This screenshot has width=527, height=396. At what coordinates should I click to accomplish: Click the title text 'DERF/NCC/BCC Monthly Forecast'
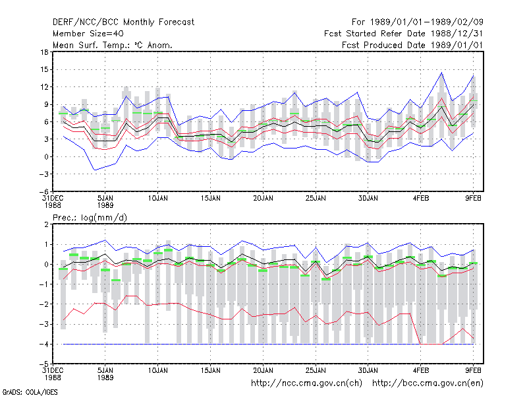pyautogui.click(x=123, y=22)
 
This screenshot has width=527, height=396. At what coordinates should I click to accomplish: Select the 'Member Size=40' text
pyautogui.click(x=88, y=34)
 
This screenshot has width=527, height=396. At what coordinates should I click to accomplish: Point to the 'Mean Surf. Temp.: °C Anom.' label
pyautogui.click(x=113, y=45)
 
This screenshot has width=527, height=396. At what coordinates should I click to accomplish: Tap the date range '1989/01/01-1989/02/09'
pyautogui.click(x=426, y=22)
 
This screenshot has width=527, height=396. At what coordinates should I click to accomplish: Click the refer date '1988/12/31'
pyautogui.click(x=457, y=34)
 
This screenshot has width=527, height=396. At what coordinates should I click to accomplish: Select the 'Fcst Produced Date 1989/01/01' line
pyautogui.click(x=412, y=45)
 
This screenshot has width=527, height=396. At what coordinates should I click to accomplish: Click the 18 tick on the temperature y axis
pyautogui.click(x=44, y=52)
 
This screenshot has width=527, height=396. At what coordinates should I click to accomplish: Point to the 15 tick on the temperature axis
pyautogui.click(x=44, y=70)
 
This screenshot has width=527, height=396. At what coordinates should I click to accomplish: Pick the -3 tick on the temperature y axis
pyautogui.click(x=43, y=174)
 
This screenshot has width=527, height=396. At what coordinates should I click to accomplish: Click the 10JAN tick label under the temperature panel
pyautogui.click(x=158, y=199)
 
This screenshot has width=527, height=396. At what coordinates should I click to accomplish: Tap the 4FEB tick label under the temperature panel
pyautogui.click(x=421, y=199)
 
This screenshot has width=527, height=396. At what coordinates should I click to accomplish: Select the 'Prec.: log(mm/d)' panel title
pyautogui.click(x=90, y=218)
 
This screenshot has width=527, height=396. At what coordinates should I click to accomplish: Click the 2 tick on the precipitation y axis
pyautogui.click(x=46, y=224)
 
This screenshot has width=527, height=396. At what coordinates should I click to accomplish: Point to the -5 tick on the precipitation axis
pyautogui.click(x=43, y=364)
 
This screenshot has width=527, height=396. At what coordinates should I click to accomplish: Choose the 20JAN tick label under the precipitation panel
pyautogui.click(x=263, y=370)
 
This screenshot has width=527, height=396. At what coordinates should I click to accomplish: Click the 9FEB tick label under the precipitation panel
pyautogui.click(x=473, y=370)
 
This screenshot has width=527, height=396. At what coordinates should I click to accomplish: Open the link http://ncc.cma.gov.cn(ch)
pyautogui.click(x=306, y=383)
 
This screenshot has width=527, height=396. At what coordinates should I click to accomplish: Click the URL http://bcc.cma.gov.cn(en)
pyautogui.click(x=428, y=383)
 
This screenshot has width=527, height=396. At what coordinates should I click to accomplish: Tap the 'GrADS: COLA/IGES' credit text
pyautogui.click(x=30, y=392)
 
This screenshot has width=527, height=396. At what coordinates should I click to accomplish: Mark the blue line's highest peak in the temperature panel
pyautogui.click(x=441, y=73)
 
